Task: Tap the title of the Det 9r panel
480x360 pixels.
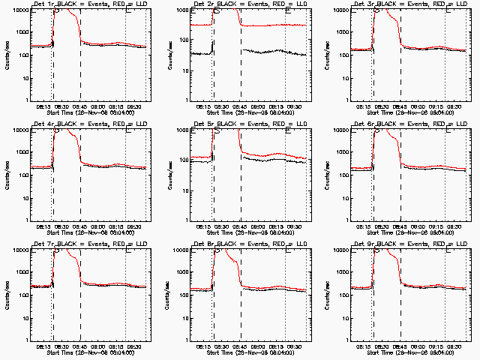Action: coord(408,245)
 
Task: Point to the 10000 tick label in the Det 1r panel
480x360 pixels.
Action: coord(19,10)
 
